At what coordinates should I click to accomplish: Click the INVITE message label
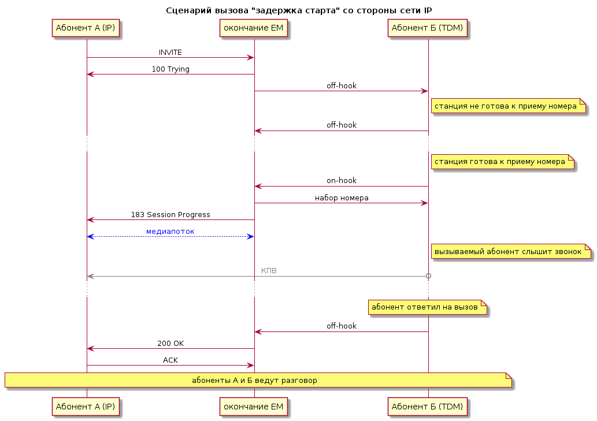coord(170,53)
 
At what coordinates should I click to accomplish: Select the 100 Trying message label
coord(170,69)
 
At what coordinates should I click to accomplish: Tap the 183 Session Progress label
coord(170,215)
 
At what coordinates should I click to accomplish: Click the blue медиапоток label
coord(170,232)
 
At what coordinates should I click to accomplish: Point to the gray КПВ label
coord(269,271)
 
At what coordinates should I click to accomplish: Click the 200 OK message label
coord(170,344)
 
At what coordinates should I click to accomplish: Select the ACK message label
coord(170,360)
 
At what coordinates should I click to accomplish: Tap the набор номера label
coord(342,198)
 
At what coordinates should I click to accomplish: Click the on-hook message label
coord(342,181)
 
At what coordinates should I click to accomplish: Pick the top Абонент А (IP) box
coord(86,28)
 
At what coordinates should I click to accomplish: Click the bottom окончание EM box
coord(254,407)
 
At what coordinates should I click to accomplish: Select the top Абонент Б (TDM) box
coord(427,28)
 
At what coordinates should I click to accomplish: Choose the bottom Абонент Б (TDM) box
coord(427,407)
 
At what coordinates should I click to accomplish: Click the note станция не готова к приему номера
coord(508,106)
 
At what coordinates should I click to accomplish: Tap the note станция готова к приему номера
coord(503,162)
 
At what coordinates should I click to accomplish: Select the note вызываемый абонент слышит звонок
coord(511,251)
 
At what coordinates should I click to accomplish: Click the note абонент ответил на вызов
coord(428,307)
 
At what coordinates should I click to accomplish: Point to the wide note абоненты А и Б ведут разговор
coord(258,380)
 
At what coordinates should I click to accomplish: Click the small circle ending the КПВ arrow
coord(428,276)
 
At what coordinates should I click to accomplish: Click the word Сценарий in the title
coord(189,10)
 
